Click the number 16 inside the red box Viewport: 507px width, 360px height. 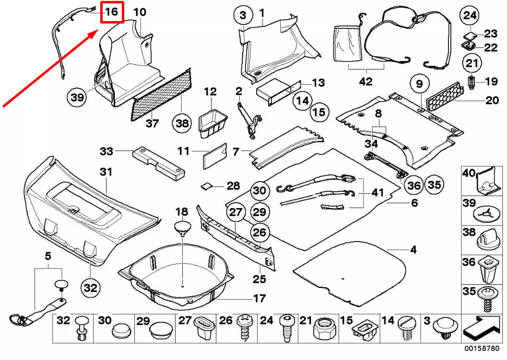click(111, 12)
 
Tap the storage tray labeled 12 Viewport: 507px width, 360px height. click(212, 122)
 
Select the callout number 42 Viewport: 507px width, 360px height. click(365, 81)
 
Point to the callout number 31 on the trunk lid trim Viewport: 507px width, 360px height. click(105, 172)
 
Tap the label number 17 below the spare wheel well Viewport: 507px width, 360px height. click(259, 298)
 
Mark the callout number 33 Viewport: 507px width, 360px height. click(106, 151)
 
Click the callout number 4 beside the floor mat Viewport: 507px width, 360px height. click(413, 249)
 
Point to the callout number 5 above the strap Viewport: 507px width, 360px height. click(47, 257)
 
